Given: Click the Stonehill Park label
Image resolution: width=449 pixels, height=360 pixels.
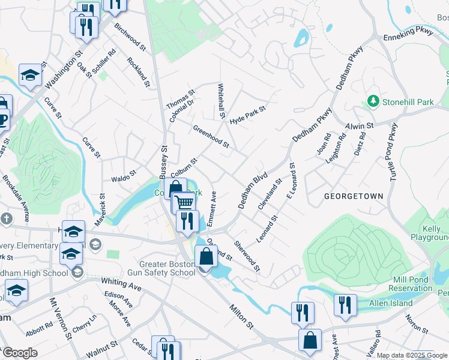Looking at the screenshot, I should point(408,102).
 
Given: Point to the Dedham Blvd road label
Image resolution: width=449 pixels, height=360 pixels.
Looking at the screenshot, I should point(252,191).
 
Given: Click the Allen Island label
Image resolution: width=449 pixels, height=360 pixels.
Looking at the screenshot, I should point(391,303).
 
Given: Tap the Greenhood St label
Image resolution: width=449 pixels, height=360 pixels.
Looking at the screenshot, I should point(211,137).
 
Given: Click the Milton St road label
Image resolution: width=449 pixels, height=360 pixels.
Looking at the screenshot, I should point(243,316).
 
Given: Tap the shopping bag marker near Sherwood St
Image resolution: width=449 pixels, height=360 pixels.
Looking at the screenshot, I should point(206,256).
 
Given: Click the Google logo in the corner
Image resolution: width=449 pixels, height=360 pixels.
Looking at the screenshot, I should point(19,353).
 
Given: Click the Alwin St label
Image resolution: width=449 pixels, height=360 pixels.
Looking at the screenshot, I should point(360,125).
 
